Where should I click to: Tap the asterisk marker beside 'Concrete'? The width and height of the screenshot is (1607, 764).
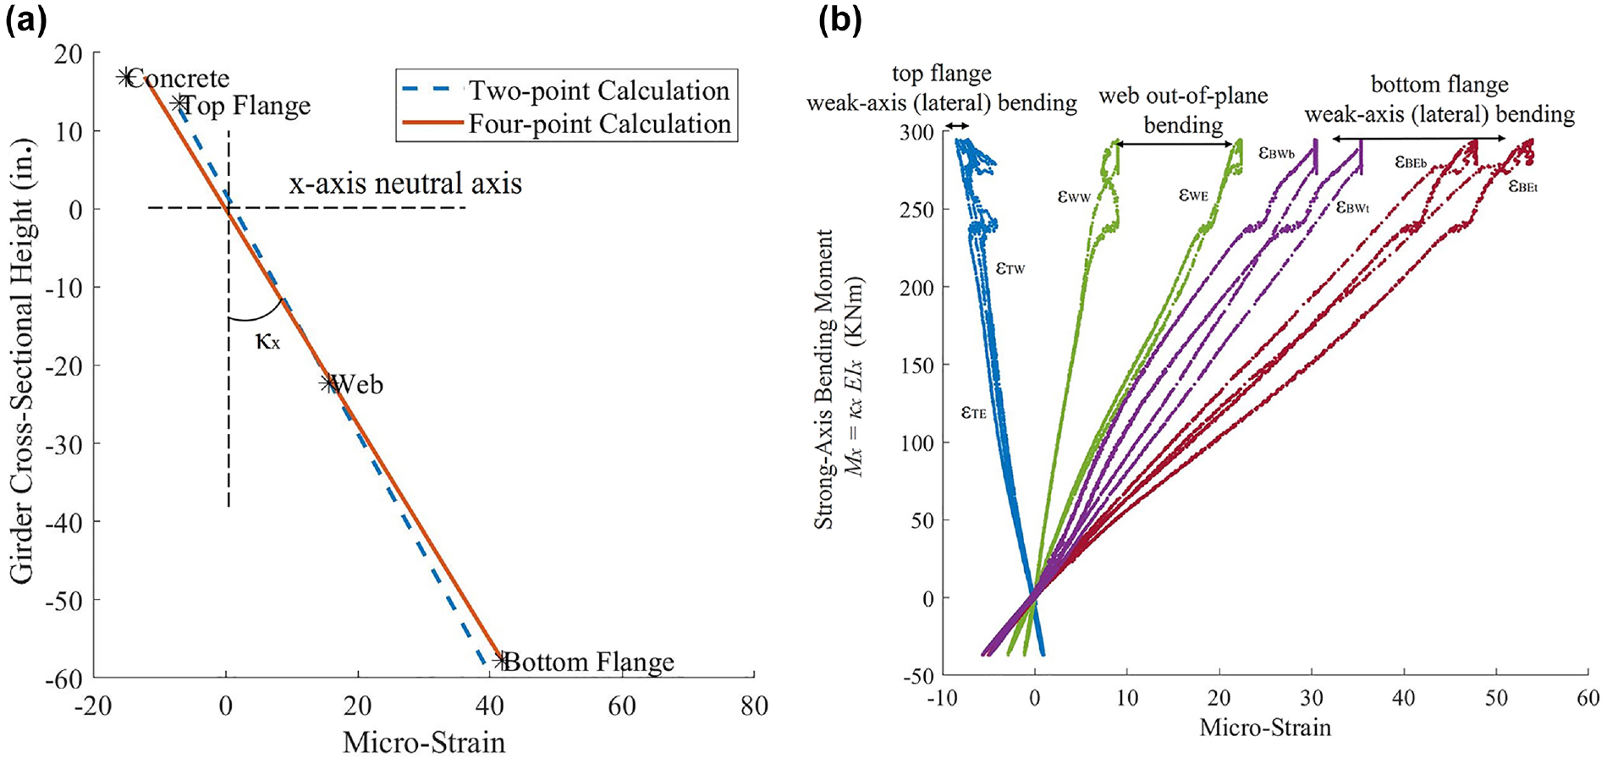(126, 78)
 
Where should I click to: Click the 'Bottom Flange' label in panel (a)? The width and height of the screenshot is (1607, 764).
(589, 662)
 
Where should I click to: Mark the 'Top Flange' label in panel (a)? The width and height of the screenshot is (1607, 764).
(246, 105)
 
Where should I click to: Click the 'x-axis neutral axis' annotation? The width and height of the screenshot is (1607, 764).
(405, 184)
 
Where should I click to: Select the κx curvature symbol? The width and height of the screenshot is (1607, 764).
(267, 341)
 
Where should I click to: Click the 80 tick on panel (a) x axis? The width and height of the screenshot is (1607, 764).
(754, 706)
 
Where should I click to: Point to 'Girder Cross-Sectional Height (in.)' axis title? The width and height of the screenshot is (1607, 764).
(22, 359)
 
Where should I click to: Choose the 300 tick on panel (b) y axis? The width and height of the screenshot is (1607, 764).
(916, 132)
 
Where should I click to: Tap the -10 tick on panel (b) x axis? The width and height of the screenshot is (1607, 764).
(942, 698)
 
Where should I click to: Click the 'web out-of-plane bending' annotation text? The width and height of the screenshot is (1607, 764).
(1183, 111)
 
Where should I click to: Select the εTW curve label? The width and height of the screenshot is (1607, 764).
(1010, 268)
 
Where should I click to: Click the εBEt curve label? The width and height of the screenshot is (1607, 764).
(1523, 185)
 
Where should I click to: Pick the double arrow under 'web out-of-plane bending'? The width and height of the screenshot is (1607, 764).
(1175, 145)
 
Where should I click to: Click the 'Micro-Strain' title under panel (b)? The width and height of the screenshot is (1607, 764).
(1265, 728)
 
